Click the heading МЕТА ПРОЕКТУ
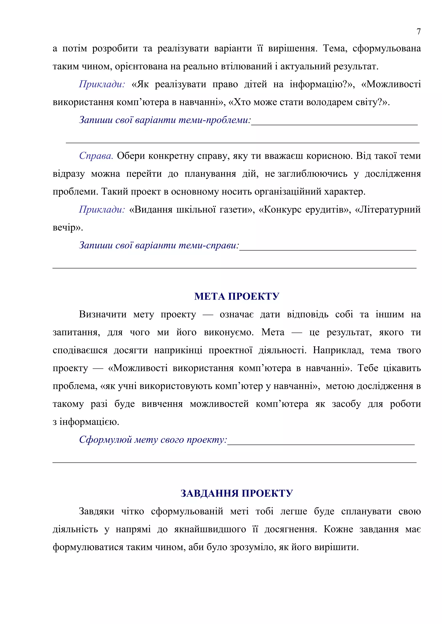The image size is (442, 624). click(x=237, y=296)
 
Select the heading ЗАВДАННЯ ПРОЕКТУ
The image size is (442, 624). click(x=237, y=493)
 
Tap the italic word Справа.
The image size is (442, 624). click(x=96, y=156)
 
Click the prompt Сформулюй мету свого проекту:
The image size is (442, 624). click(x=153, y=440)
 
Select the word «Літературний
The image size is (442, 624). click(x=388, y=209)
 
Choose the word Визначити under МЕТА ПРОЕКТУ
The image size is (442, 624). click(x=103, y=314)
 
